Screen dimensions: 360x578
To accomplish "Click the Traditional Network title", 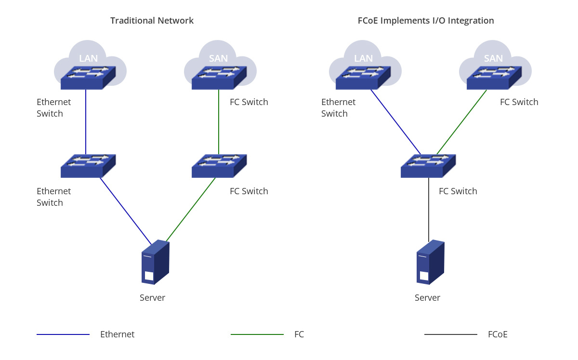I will pyautogui.click(x=152, y=21).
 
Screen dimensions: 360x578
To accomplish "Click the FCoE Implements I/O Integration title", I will pyautogui.click(x=425, y=21).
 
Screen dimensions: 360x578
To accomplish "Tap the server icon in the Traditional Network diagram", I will pyautogui.click(x=155, y=262).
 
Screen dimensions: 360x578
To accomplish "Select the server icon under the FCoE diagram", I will pyautogui.click(x=430, y=262).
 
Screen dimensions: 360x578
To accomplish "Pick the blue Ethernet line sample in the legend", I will pyautogui.click(x=63, y=334).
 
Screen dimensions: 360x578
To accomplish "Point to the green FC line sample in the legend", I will pyautogui.click(x=257, y=334).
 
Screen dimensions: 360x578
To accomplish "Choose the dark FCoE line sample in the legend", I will pyautogui.click(x=451, y=334).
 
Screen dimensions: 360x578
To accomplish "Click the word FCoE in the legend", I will pyautogui.click(x=498, y=334).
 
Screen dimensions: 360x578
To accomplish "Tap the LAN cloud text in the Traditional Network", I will pyautogui.click(x=88, y=58).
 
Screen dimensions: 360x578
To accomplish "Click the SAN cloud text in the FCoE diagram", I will pyautogui.click(x=493, y=58).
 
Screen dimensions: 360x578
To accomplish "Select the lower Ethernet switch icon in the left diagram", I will pyautogui.click(x=88, y=166).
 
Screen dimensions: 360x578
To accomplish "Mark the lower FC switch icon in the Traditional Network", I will pyautogui.click(x=219, y=166).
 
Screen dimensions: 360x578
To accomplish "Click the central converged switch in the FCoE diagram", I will pyautogui.click(x=428, y=166).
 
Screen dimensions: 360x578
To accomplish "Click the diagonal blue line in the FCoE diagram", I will pyautogui.click(x=396, y=122).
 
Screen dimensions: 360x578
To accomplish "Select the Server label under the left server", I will pyautogui.click(x=152, y=298).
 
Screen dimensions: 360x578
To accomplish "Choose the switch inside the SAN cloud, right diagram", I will pyautogui.click(x=494, y=78).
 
